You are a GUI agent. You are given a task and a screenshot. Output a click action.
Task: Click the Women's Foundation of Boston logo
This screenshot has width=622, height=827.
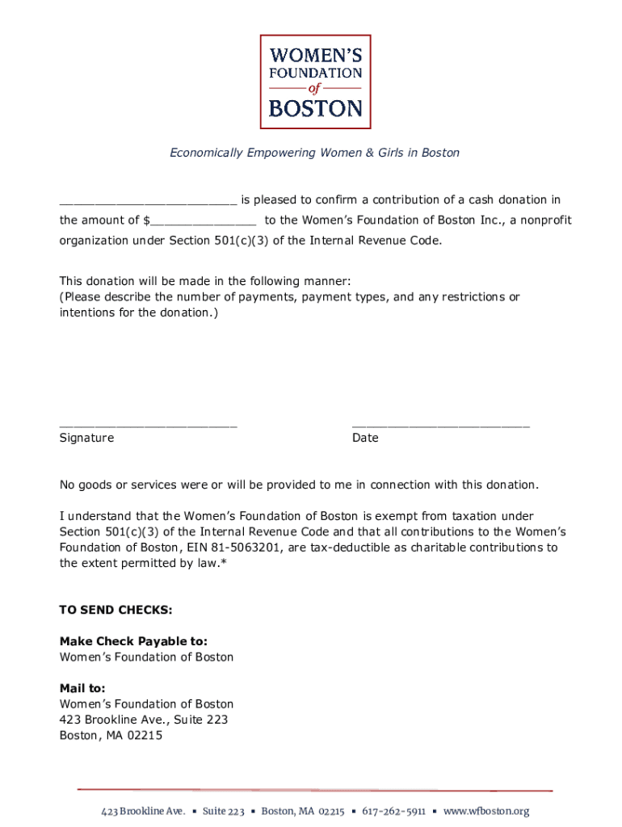click(x=315, y=82)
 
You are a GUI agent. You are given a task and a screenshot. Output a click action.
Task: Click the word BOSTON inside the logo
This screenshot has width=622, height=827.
click(x=315, y=108)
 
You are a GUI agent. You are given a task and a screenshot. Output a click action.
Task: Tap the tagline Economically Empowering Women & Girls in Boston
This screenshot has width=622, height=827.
click(x=314, y=153)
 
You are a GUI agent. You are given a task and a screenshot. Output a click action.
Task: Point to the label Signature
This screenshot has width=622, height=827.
click(x=86, y=438)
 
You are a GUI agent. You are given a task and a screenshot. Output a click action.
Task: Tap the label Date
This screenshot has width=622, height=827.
click(x=365, y=438)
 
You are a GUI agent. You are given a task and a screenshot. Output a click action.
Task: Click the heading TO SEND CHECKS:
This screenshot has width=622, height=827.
click(x=116, y=610)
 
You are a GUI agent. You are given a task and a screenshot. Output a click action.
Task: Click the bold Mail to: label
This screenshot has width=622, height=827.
click(x=82, y=688)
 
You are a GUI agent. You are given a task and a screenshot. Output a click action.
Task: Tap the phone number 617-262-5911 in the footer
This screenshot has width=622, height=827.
click(x=393, y=811)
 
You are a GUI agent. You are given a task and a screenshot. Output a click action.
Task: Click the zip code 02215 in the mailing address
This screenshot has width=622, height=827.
click(x=145, y=735)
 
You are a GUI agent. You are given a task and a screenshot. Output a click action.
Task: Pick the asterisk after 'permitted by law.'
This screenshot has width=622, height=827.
click(x=222, y=563)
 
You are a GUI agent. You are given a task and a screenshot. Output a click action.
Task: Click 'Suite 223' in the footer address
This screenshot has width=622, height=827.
click(x=224, y=811)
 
